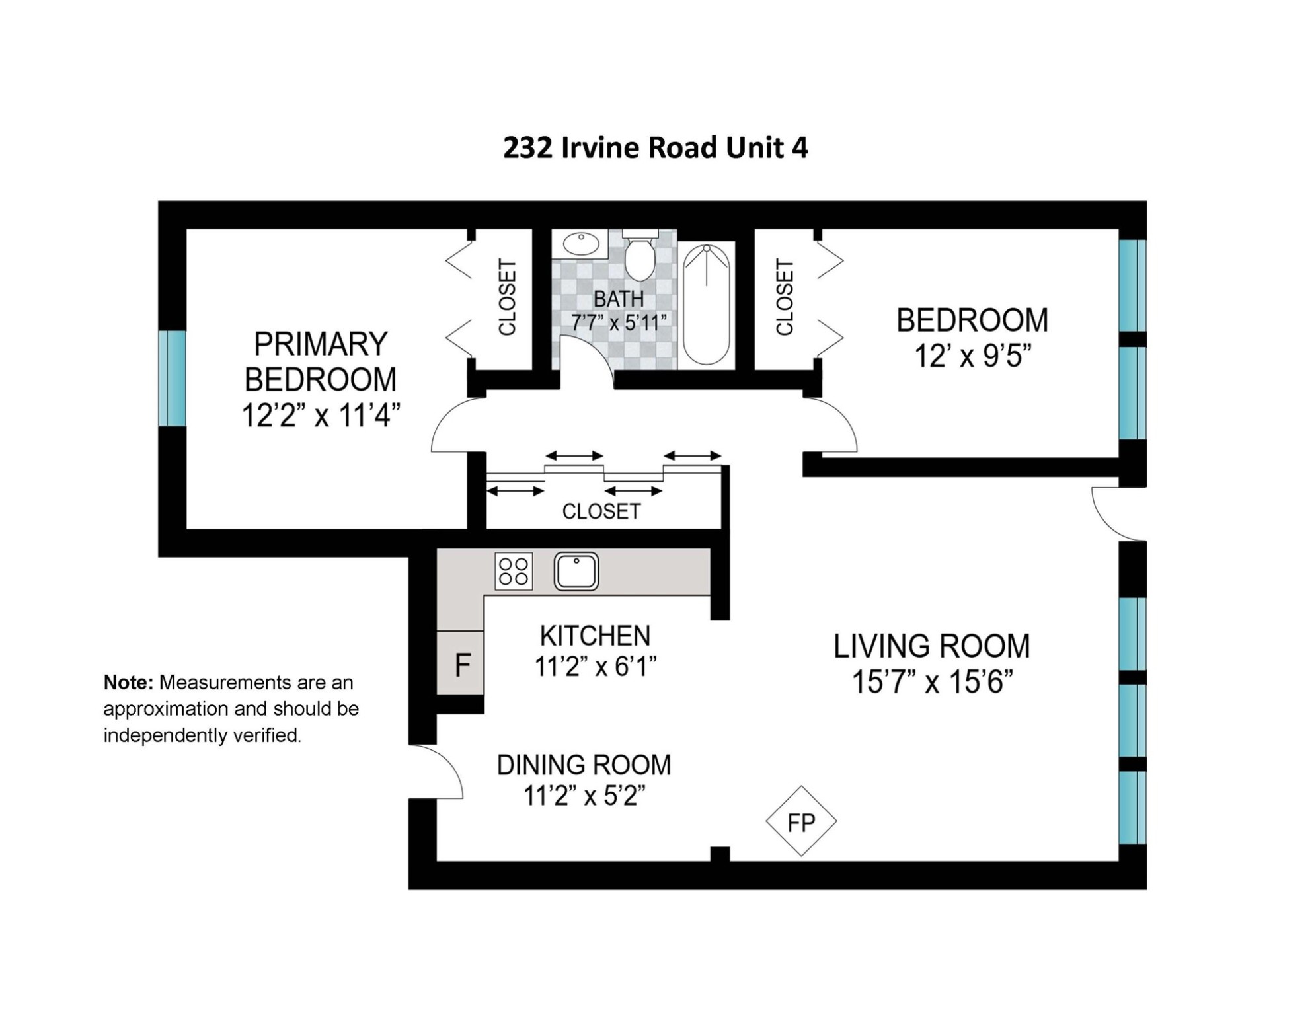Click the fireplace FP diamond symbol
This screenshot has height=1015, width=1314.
tap(801, 821)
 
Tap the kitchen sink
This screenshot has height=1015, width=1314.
tap(576, 572)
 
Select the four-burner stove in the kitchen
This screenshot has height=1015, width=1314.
tap(514, 572)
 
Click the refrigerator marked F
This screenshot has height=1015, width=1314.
tap(461, 663)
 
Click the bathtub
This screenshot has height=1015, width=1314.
tap(707, 305)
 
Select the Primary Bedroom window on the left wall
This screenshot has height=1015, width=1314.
tap(172, 378)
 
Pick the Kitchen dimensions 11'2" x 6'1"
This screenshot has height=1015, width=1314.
tap(596, 667)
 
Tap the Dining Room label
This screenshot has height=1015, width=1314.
tap(584, 765)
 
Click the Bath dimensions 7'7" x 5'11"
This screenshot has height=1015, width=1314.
tap(619, 322)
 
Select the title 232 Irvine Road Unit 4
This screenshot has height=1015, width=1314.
tap(655, 147)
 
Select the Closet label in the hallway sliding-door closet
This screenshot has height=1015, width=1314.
tap(601, 511)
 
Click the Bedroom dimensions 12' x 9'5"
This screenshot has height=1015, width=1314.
tap(972, 357)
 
